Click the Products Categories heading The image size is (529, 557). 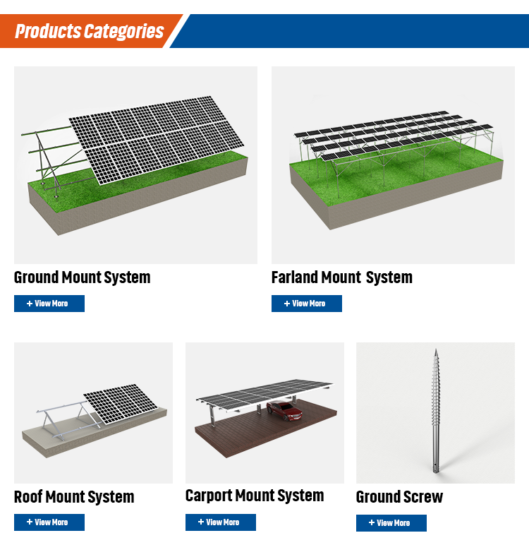[x=89, y=32]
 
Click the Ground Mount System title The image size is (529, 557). [x=82, y=277]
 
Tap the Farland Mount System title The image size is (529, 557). [x=341, y=277]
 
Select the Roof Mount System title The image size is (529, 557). [x=74, y=497]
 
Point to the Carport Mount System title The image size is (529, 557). [x=255, y=496]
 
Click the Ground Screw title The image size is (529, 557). [x=399, y=497]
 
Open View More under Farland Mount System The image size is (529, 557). [x=306, y=304]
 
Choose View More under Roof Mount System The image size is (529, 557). [x=49, y=522]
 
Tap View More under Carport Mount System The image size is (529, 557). [x=220, y=522]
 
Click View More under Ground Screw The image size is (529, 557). [x=391, y=523]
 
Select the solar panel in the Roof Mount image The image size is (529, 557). [x=120, y=402]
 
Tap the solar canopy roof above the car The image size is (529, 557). [x=264, y=393]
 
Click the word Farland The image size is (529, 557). [x=294, y=277]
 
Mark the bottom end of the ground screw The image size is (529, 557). [x=434, y=469]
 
